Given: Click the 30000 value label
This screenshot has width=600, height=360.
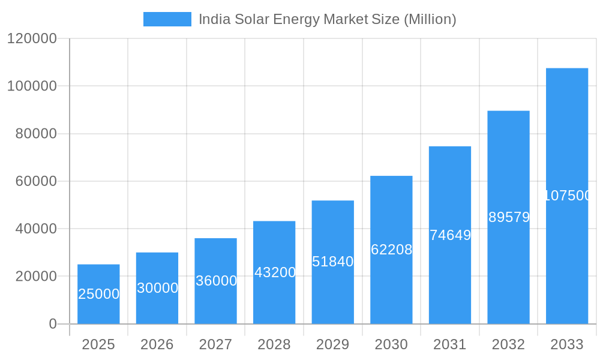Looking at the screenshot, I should point(157,288).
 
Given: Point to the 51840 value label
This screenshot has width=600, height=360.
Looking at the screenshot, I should point(333,262).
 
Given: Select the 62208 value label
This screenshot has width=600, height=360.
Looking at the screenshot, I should point(391,250).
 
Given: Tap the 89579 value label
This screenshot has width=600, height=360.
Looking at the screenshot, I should point(509,217).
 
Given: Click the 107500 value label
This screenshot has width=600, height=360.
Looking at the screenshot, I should point(567,196).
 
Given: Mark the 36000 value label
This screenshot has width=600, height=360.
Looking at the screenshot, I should point(216,281).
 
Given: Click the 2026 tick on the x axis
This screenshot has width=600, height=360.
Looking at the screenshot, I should point(157,344).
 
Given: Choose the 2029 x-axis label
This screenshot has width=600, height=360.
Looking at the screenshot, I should point(333,344).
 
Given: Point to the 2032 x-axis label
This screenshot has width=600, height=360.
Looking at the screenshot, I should point(508,344).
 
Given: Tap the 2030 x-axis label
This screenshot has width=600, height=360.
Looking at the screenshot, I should point(391,344).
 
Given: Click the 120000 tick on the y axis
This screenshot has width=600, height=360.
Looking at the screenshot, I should point(32,39).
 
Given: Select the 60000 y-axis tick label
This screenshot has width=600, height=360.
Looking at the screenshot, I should point(35,181).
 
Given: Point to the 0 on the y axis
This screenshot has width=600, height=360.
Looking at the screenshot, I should point(53,324).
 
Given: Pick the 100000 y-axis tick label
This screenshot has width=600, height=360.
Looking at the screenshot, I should point(32,86).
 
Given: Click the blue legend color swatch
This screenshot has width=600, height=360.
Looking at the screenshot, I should point(167,19).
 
